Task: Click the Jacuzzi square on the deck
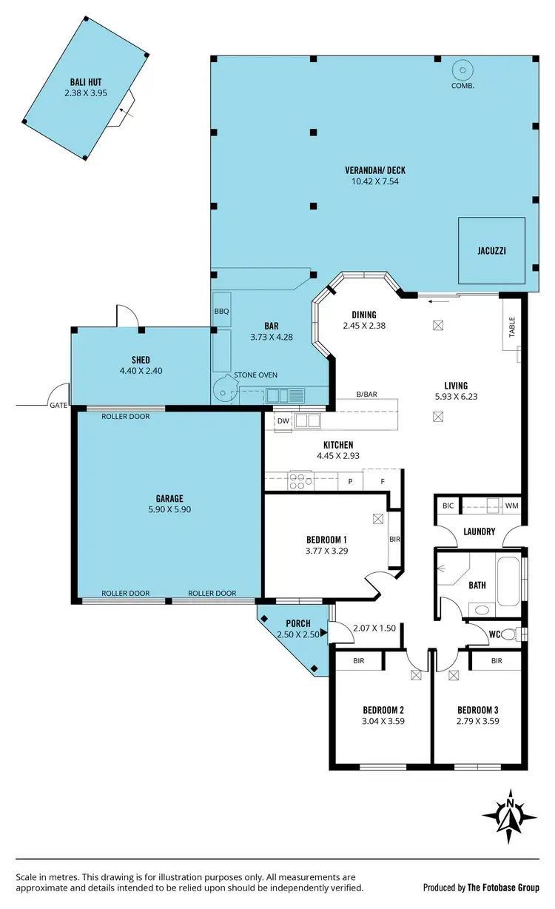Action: coord(491,251)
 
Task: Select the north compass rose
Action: coord(510,816)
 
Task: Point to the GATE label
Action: coord(58,406)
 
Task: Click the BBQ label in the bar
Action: coord(221,312)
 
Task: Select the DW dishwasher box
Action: coord(283,421)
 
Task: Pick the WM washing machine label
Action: coord(511,506)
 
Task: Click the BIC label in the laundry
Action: coord(448,506)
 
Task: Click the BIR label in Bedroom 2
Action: coord(358,660)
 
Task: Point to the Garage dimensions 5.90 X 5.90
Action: coord(169,509)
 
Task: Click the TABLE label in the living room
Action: coord(511,327)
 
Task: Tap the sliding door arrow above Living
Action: coord(440,301)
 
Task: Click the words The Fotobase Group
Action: coord(506,887)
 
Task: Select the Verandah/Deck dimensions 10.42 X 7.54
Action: coord(374,181)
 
